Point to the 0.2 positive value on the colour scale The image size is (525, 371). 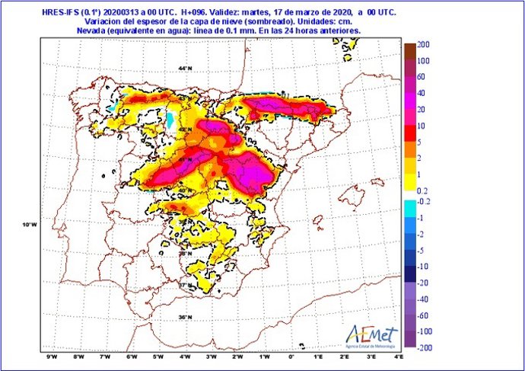424,190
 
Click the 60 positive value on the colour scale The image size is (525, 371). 422,77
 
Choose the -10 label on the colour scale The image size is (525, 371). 423,266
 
